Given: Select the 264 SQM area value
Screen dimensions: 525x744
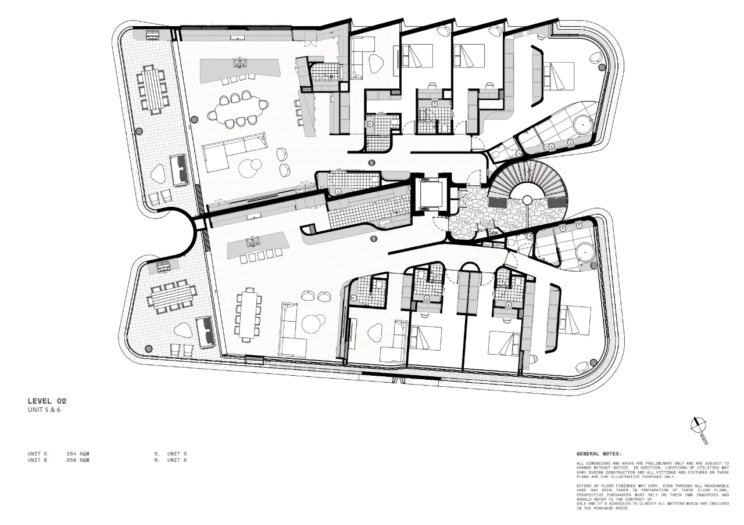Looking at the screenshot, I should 78,453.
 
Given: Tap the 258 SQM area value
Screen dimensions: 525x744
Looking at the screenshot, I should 78,459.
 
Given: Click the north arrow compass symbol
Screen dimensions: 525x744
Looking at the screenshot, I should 697,425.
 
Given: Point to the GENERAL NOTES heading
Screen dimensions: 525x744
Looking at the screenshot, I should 599,454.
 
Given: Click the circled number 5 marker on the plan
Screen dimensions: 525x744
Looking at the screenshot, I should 372,163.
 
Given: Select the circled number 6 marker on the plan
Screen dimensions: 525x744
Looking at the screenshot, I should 374,238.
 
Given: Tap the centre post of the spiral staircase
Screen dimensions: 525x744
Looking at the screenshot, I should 527,200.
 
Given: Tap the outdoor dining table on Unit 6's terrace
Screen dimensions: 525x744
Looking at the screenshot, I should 172,297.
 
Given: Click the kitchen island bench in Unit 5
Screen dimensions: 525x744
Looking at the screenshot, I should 240,69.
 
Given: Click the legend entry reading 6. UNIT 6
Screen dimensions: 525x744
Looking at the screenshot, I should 170,459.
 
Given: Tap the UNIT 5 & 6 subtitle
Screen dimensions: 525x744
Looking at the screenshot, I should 44,410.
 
